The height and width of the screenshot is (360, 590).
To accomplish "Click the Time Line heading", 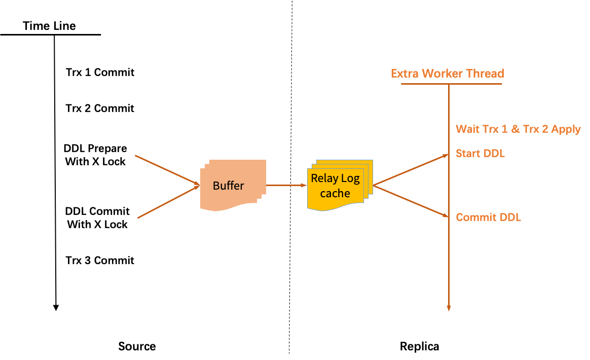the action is tap(49, 26).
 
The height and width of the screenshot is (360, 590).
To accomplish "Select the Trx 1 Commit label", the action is tap(100, 73).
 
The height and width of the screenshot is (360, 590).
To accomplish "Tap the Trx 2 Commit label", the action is tap(100, 109).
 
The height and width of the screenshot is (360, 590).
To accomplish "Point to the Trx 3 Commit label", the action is tap(100, 261).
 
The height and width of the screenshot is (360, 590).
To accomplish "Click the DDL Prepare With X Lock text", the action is tap(95, 155).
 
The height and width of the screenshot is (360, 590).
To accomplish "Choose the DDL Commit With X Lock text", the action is tap(97, 218).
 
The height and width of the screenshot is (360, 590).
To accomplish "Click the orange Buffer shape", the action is tap(233, 185).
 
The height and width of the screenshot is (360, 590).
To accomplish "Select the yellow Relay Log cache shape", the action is tap(340, 185).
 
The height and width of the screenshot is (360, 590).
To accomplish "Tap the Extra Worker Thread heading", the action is tap(448, 74).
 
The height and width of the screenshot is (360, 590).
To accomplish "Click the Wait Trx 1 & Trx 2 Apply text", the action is tap(518, 129).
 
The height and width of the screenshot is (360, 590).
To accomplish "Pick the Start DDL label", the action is tap(480, 154).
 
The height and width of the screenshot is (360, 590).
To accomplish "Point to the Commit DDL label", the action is tap(489, 218).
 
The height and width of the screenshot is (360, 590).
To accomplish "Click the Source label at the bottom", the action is tap(137, 346).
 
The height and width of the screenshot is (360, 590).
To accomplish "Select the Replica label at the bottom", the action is tap(420, 346).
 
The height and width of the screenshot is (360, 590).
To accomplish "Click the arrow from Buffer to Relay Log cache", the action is tap(286, 185).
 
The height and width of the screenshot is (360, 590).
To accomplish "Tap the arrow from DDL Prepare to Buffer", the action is tap(167, 170).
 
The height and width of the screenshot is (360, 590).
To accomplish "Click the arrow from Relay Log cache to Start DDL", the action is tap(411, 170).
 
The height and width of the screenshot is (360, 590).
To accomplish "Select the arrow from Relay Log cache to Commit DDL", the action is tap(411, 201).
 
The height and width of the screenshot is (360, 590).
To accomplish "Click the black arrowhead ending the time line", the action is tap(56, 308).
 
